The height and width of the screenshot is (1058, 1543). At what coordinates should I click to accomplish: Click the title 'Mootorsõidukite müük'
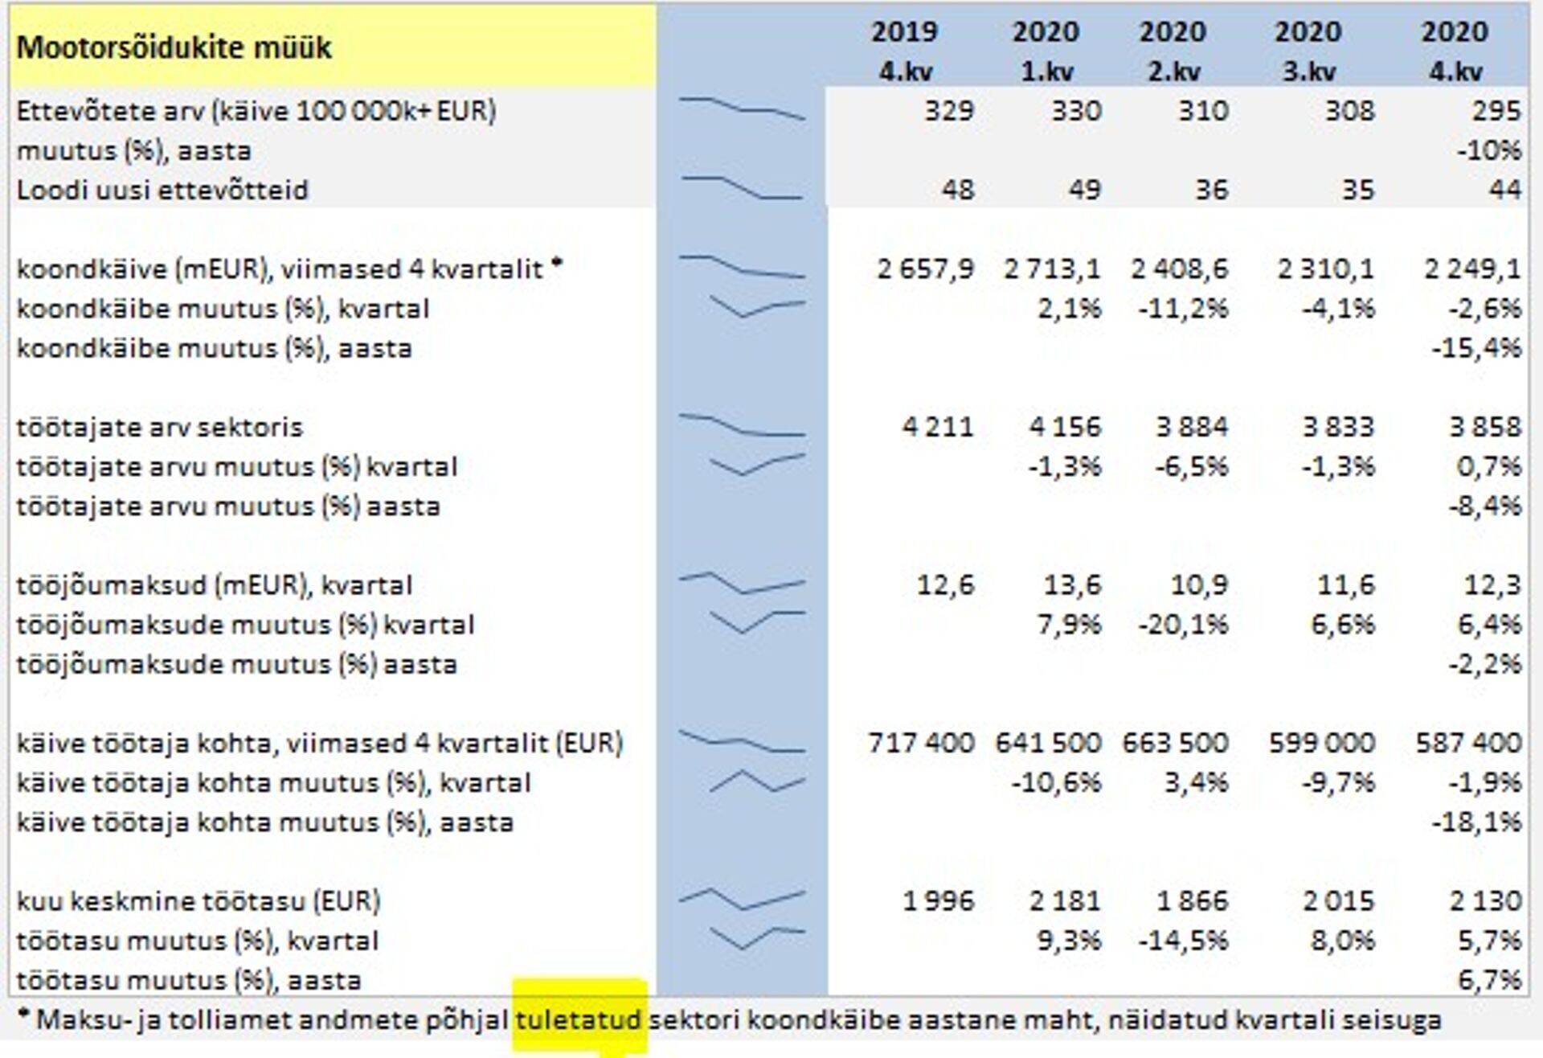point(174,48)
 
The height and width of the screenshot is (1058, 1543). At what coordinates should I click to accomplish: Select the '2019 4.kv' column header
point(904,51)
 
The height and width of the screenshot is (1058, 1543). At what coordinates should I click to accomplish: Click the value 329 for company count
point(948,110)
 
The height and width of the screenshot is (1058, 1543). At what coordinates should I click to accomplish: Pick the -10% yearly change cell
point(1488,150)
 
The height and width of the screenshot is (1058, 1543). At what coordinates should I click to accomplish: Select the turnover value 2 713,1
point(1052,269)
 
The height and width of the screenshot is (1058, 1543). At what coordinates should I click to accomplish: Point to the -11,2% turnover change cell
point(1183,309)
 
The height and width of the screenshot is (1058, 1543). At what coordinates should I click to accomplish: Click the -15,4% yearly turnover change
point(1476,348)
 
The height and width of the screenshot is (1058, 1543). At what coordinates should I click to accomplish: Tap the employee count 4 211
point(937,427)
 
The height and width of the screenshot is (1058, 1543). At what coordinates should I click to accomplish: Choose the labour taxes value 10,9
point(1199,585)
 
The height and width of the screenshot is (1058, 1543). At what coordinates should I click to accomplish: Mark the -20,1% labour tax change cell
point(1183,625)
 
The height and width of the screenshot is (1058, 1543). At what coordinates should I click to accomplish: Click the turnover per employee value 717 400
point(921,743)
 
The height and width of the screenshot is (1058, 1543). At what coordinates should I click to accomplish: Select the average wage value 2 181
point(1065,901)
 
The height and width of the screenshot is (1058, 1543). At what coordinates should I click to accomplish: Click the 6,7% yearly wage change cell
point(1488,980)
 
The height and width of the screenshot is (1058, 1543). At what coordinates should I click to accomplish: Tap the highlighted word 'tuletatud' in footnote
point(579,1020)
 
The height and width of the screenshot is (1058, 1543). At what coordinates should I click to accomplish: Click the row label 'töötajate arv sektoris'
point(159,427)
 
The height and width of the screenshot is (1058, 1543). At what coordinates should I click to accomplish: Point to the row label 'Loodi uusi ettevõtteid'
point(162,190)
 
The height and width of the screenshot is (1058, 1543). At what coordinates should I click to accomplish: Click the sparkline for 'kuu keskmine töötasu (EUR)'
point(742,900)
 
